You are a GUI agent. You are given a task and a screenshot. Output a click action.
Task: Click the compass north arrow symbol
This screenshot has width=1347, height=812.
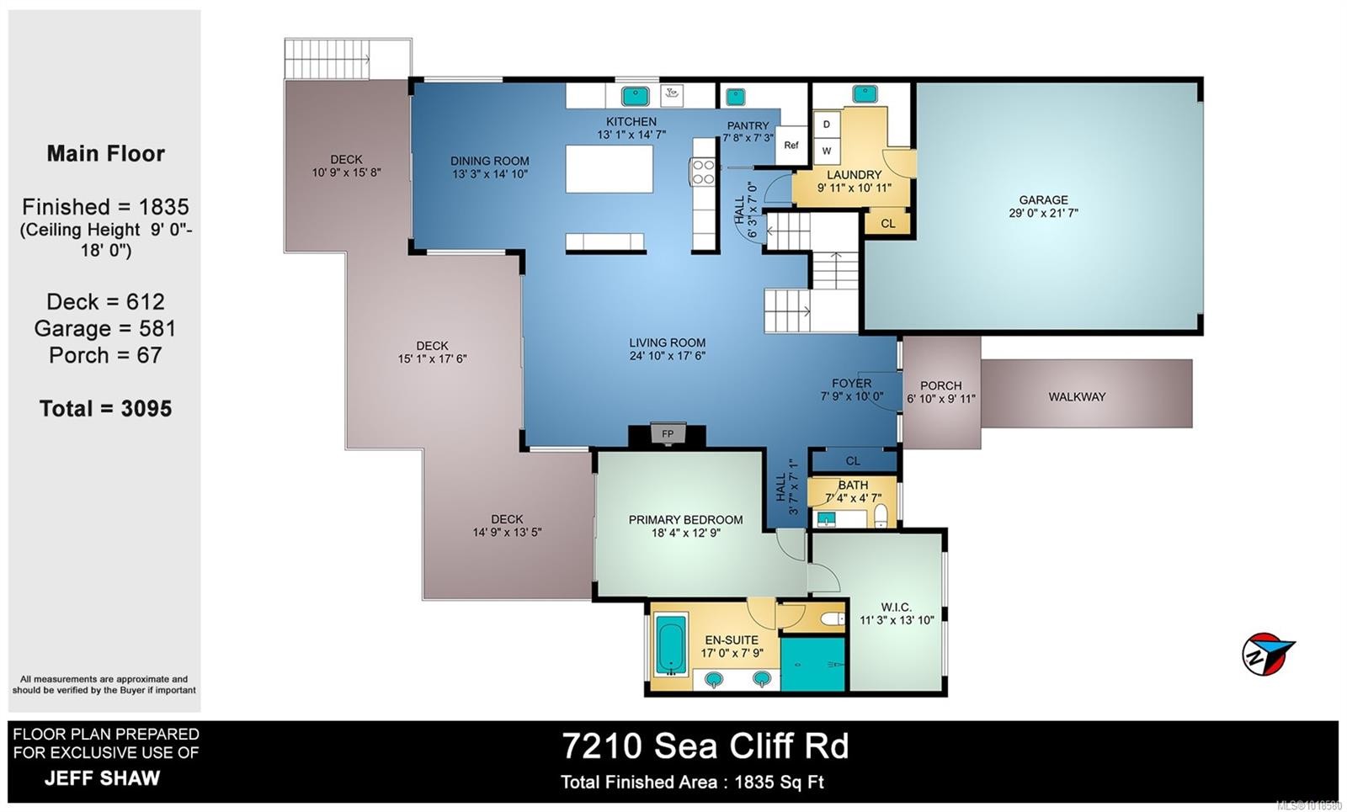(1268, 654)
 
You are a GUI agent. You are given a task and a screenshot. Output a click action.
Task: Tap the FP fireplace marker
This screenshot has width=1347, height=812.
(668, 434)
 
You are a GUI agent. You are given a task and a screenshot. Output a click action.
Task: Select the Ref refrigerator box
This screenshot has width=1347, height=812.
(791, 145)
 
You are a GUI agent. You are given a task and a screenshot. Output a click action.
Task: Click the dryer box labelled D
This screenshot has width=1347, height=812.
(827, 125)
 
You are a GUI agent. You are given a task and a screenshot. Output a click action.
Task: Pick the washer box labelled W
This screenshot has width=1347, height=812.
(827, 151)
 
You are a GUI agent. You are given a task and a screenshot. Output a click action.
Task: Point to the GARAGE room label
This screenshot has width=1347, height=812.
(1043, 200)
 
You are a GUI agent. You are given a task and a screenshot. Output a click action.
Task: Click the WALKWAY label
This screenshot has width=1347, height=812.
(1077, 396)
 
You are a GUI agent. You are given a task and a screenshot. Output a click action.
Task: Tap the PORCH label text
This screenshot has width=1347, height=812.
(940, 385)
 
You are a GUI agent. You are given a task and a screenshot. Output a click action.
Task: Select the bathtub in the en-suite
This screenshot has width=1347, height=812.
(672, 645)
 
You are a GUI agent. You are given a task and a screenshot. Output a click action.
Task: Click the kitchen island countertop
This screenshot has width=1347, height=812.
(610, 168)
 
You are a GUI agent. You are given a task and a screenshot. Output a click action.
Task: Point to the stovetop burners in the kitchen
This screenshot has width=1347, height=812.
(703, 172)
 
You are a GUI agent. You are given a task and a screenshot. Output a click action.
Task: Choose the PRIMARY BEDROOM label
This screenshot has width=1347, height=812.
(685, 520)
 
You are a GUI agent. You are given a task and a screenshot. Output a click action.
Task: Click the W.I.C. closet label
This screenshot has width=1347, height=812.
(896, 607)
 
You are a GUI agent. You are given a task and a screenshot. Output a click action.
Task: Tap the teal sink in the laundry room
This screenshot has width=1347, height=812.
(865, 93)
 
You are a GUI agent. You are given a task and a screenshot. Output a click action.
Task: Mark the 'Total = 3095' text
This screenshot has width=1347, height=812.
(105, 409)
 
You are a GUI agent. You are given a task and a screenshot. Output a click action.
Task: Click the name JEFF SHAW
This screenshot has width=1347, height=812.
(102, 778)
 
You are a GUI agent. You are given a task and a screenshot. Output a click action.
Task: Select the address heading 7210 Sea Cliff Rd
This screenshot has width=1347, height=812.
(705, 746)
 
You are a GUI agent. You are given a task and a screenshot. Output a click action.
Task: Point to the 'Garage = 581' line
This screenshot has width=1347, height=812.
(105, 328)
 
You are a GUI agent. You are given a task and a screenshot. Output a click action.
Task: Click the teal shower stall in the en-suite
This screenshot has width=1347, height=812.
(812, 664)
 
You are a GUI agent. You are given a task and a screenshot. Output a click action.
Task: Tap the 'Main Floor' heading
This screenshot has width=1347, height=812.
(105, 154)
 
